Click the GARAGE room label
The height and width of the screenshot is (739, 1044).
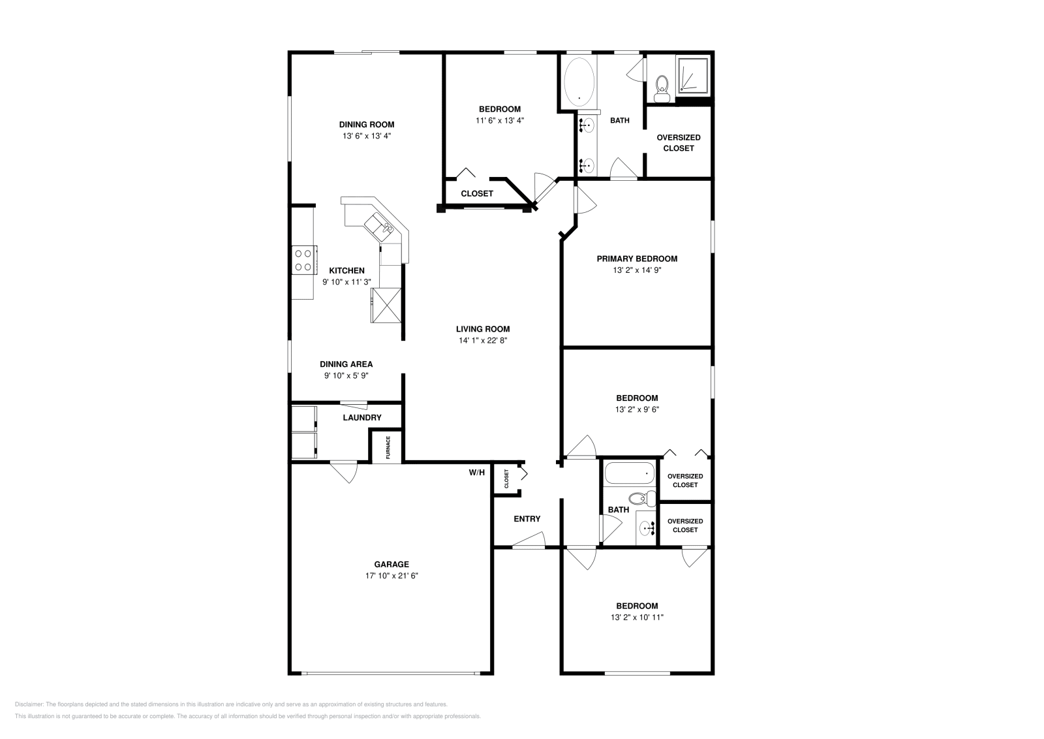coord(391,564)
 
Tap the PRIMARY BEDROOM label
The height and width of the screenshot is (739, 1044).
coord(637,259)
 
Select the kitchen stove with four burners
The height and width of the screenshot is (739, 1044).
coord(303,259)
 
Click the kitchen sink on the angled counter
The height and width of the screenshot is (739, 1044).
coord(378,225)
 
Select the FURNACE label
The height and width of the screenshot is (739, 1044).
coord(388,447)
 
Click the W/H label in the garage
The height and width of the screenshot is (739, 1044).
coord(476,472)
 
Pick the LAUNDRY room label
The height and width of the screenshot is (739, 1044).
coord(362,418)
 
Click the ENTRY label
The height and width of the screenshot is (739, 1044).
coord(527,519)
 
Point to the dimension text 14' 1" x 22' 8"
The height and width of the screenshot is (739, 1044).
coord(483,340)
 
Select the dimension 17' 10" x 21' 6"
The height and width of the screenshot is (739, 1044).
coord(391,576)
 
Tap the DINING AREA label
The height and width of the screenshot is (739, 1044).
coord(346,364)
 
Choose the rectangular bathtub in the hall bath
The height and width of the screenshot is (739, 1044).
coord(629,473)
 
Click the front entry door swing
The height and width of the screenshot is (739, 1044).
coord(530,540)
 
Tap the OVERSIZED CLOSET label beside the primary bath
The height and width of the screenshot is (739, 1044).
coord(679,142)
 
